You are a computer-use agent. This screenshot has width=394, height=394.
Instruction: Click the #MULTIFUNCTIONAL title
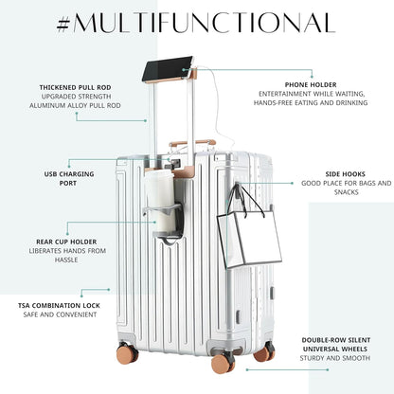196,23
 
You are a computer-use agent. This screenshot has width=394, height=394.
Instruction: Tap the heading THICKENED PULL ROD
75,87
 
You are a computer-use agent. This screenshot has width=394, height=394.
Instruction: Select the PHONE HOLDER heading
311,84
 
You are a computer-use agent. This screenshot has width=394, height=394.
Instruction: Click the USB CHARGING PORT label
69,178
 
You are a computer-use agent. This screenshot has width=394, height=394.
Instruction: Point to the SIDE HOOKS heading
346,174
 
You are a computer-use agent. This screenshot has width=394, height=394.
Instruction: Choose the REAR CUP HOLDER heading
66,242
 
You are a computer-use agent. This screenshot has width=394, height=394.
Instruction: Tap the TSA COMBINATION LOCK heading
59,306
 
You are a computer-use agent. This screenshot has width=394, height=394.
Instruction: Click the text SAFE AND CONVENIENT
60,314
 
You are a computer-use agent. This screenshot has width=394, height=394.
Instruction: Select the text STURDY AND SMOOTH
335,358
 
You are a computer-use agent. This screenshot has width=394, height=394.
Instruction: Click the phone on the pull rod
167,68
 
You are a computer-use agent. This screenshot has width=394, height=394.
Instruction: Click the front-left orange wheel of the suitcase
128,353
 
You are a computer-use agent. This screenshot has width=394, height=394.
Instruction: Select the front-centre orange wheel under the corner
224,363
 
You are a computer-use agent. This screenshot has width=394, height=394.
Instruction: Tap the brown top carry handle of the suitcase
192,143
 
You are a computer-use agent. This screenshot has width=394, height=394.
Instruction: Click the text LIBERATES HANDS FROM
67,251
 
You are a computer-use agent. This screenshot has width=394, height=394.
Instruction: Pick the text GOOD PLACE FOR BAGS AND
347,183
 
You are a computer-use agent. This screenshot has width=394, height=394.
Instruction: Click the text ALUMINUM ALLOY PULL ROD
75,105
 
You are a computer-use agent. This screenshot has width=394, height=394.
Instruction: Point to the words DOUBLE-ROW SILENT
336,340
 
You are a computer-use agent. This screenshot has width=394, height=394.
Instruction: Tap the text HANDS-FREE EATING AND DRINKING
311,102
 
